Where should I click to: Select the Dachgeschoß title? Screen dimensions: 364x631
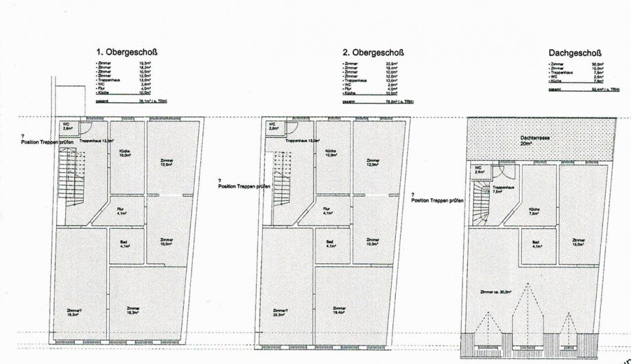click(574, 52)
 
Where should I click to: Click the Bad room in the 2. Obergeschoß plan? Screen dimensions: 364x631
click(330, 244)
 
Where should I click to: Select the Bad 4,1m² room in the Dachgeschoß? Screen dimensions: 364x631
click(536, 245)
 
